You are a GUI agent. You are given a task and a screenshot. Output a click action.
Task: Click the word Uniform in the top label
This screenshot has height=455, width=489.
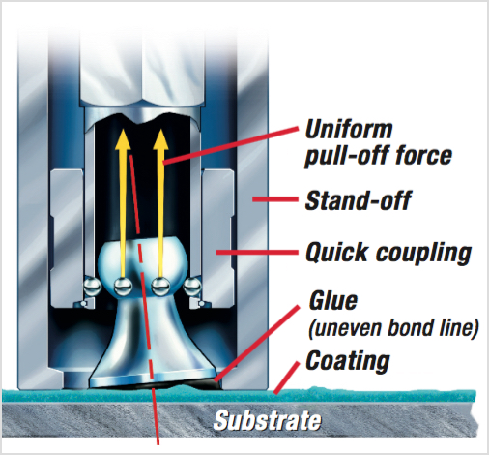click(x=349, y=130)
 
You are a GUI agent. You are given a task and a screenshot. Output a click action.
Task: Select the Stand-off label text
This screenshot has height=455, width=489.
click(x=358, y=200)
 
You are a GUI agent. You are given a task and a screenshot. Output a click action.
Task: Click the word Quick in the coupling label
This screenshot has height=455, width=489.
click(x=336, y=252)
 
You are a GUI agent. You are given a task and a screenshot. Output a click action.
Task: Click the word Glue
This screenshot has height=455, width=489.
click(x=333, y=301)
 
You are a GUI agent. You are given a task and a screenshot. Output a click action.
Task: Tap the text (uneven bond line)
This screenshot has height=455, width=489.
click(x=393, y=328)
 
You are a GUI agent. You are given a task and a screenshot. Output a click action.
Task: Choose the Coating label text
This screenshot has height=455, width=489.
click(x=348, y=361)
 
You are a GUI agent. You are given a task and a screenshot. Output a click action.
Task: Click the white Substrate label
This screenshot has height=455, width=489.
click(x=268, y=420)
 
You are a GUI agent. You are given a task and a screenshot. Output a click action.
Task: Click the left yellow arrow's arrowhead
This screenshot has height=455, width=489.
click(x=123, y=139)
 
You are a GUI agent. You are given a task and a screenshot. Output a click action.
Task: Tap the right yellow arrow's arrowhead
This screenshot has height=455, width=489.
click(x=160, y=139)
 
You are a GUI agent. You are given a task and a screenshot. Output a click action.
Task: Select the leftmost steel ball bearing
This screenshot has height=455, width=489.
click(x=93, y=287)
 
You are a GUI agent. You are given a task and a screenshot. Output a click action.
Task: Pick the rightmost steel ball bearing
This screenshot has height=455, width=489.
click(x=192, y=287)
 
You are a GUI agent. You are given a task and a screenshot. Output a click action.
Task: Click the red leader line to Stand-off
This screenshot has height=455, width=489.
click(x=275, y=199)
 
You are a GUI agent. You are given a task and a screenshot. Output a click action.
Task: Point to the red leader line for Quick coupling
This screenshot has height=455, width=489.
click(x=257, y=252)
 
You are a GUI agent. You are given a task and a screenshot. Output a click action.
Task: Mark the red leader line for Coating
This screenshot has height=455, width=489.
click(x=286, y=378)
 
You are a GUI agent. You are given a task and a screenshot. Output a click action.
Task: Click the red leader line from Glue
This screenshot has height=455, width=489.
click(x=256, y=344)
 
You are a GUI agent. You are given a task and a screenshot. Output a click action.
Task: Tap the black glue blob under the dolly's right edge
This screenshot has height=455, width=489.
click(x=210, y=384)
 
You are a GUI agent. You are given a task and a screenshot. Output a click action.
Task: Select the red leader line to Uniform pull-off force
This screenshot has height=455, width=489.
click(x=231, y=145)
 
